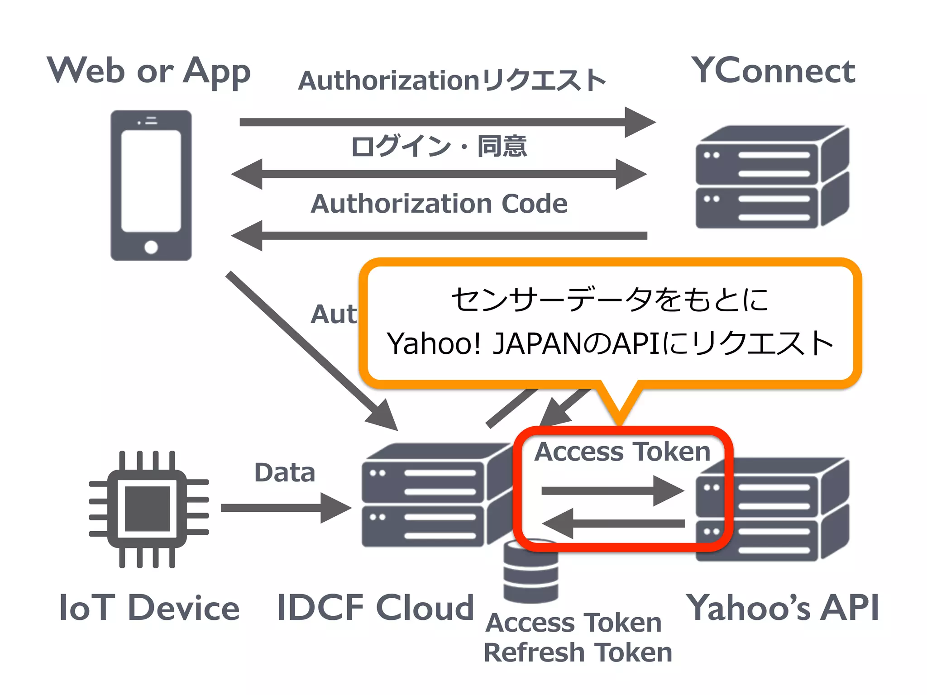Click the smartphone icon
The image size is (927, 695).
tap(151, 185)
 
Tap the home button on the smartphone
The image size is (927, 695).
tap(151, 247)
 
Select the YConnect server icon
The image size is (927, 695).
tap(772, 177)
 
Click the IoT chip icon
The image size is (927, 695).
tap(148, 509)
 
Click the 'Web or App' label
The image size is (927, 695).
tap(149, 71)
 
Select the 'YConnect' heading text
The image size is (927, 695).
tap(773, 71)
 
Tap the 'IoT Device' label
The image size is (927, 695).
tap(149, 608)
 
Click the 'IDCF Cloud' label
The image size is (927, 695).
tap(375, 608)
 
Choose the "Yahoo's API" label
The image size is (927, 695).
tap(782, 608)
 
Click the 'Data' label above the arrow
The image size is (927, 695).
tap(284, 473)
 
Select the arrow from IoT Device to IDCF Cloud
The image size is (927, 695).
tap(285, 508)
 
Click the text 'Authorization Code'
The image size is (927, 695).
tap(439, 204)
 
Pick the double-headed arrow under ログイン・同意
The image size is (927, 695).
tap(439, 174)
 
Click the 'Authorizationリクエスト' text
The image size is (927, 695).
tap(452, 81)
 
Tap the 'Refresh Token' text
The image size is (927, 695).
tap(578, 652)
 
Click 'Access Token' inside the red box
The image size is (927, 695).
tap(622, 452)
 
